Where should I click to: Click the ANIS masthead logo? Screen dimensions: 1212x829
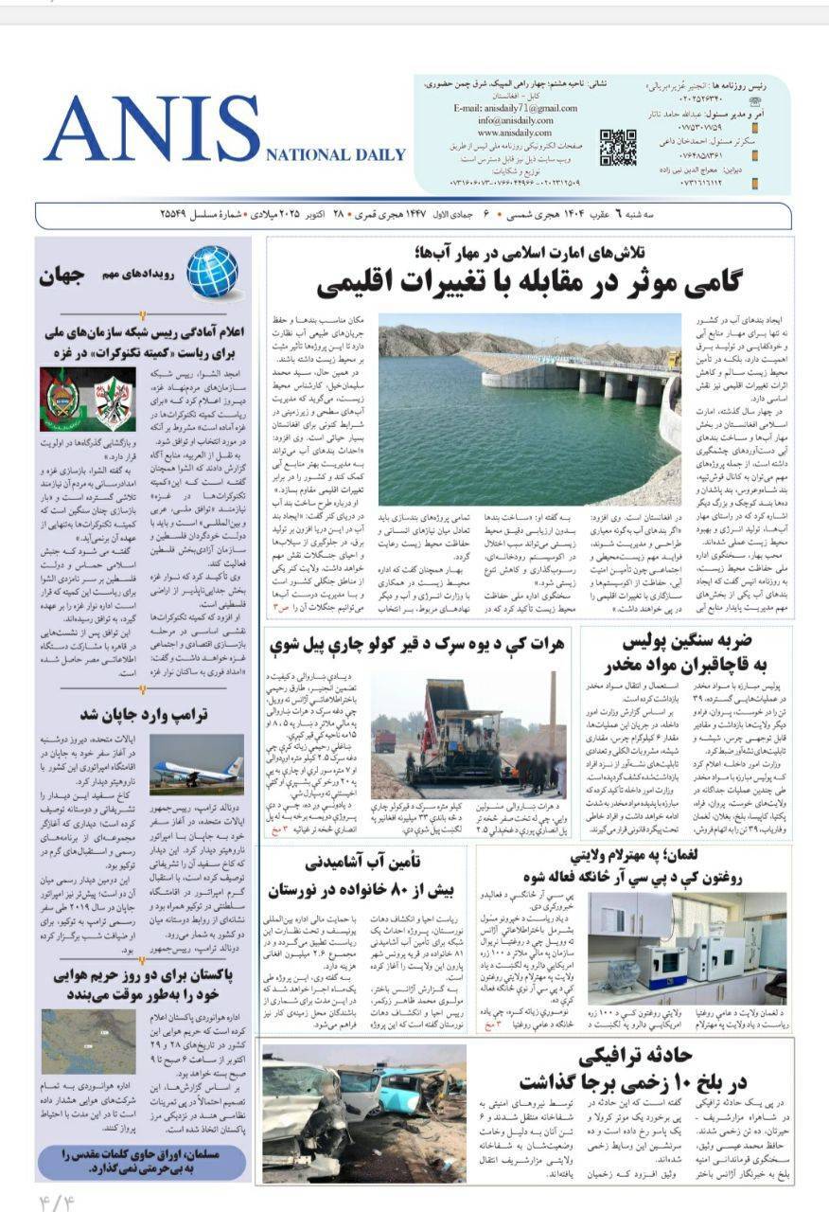coord(151,130)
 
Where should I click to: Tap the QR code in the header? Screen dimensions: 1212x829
coord(617,147)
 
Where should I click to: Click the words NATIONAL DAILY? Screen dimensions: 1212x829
coord(336,155)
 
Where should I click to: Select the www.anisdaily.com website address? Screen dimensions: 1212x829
coord(514,133)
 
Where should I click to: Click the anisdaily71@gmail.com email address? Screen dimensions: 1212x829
coord(515,108)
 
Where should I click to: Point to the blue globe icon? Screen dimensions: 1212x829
coord(211,273)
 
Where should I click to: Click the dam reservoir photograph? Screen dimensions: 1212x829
coord(530,409)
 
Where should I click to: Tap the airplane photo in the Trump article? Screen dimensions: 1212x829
coord(195,764)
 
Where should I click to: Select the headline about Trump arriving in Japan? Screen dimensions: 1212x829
coord(145,712)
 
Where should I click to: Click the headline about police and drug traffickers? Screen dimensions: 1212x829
coord(698,651)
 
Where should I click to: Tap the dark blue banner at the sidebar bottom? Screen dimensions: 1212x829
coord(143,1161)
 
